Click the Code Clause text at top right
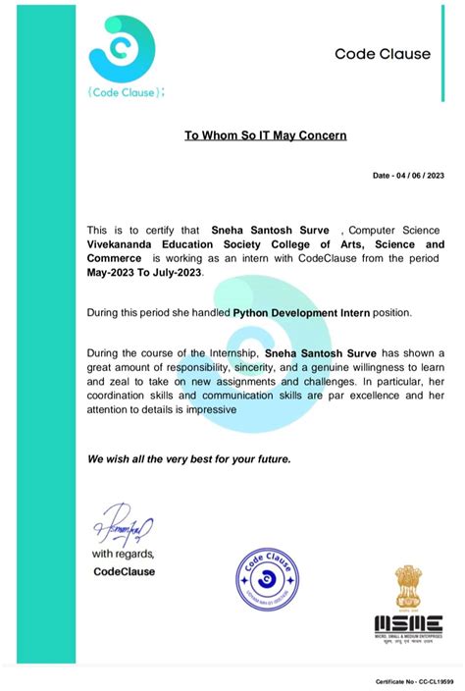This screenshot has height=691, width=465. [383, 54]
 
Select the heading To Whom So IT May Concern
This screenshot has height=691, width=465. [265, 135]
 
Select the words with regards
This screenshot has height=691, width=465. [123, 555]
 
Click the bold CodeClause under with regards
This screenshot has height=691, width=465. [124, 571]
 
